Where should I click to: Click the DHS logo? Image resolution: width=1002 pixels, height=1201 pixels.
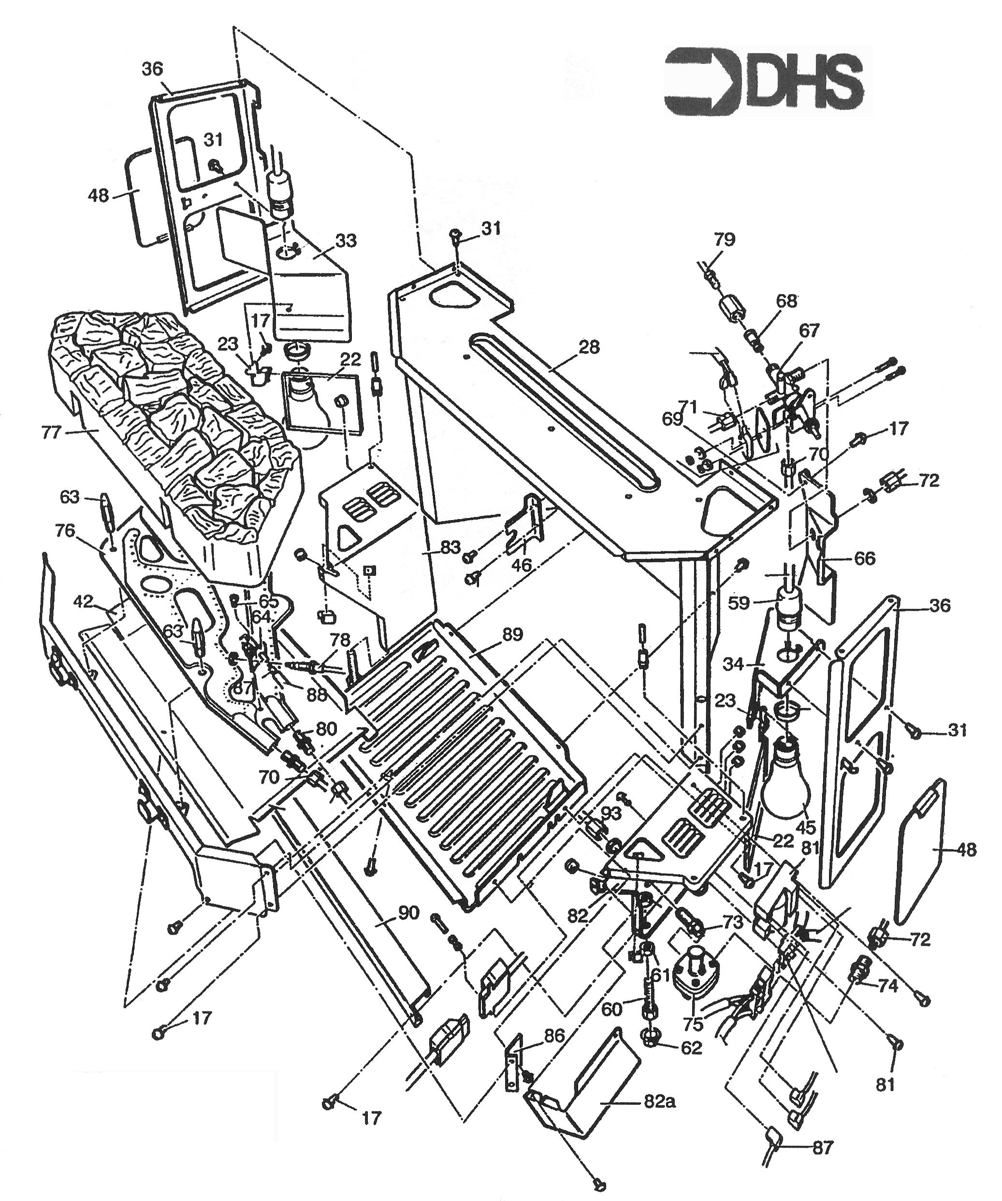pyautogui.click(x=767, y=80)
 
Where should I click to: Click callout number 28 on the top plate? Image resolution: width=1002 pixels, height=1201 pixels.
pyautogui.click(x=589, y=347)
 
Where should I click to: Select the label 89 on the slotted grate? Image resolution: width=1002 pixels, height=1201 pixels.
pyautogui.click(x=513, y=634)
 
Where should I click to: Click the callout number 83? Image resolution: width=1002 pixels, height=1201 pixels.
pyautogui.click(x=450, y=547)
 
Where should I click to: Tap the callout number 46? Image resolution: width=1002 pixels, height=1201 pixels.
pyautogui.click(x=521, y=566)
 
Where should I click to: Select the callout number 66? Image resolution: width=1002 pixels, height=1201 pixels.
pyautogui.click(x=864, y=557)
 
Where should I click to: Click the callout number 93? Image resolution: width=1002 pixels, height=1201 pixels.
pyautogui.click(x=610, y=813)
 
